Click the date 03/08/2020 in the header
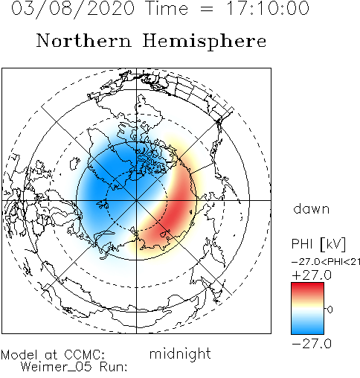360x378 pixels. (73, 8)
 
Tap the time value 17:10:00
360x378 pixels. (268, 8)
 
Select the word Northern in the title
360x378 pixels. (84, 40)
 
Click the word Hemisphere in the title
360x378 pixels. (205, 42)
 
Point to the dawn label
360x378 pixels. (312, 209)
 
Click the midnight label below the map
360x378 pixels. (180, 353)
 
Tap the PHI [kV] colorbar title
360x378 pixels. (318, 244)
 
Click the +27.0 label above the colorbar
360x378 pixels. (312, 275)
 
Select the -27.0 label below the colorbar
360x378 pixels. (312, 344)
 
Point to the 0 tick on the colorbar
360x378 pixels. (330, 310)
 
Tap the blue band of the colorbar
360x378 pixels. (307, 327)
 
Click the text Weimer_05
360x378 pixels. (57, 367)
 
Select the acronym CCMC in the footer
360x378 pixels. (84, 355)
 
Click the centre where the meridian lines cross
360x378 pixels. (136, 200)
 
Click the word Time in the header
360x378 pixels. (167, 8)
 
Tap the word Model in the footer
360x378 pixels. (19, 355)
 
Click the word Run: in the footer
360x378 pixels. (114, 367)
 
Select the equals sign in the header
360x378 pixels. (206, 9)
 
